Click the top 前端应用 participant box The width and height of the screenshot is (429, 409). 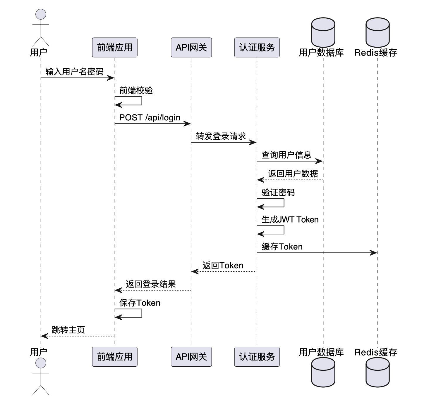[x=114, y=47]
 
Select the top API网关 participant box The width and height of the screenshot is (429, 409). [x=191, y=47]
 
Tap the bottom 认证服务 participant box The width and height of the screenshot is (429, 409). [x=257, y=356]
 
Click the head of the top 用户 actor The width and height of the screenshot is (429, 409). [x=41, y=14]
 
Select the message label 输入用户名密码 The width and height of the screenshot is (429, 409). [x=74, y=72]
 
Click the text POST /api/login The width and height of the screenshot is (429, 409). [x=150, y=117]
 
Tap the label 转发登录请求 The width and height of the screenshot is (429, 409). [x=221, y=136]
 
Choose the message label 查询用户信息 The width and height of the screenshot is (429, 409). [x=286, y=155]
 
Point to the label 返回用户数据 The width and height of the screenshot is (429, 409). [x=293, y=174]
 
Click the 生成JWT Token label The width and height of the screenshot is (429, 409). [x=290, y=220]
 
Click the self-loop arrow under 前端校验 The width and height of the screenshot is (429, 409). [x=141, y=101]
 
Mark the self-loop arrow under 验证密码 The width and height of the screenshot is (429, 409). [x=284, y=203]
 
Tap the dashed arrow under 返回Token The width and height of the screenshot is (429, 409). [x=224, y=272]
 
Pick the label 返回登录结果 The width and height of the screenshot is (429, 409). [x=151, y=284]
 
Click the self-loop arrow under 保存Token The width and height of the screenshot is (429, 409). [x=141, y=313]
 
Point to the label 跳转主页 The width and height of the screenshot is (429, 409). [x=68, y=330]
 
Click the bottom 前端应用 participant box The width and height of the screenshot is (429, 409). [x=114, y=356]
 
